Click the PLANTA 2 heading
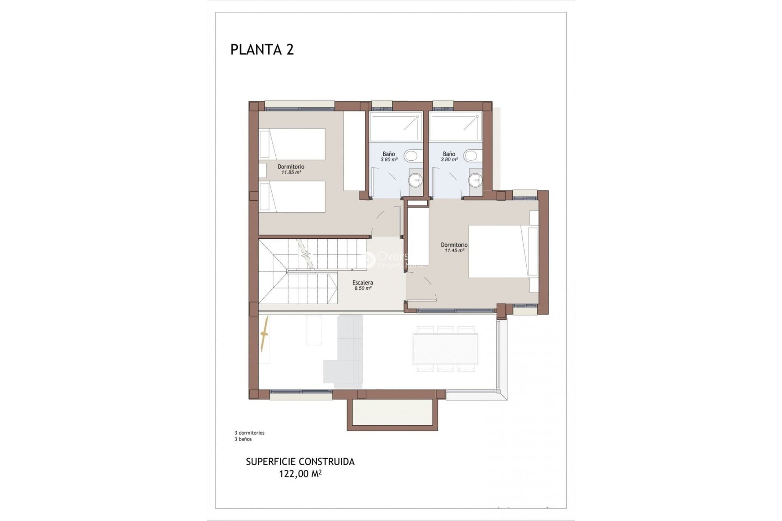pyautogui.click(x=262, y=50)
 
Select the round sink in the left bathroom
pyautogui.click(x=415, y=179)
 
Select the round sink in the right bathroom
pyautogui.click(x=475, y=179)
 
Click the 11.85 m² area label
pyautogui.click(x=291, y=172)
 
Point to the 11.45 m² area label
pyautogui.click(x=454, y=250)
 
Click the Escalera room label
pyautogui.click(x=362, y=282)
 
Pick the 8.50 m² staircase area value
pyautogui.click(x=362, y=288)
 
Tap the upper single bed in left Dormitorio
pyautogui.click(x=292, y=144)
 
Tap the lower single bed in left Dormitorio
pyautogui.click(x=292, y=197)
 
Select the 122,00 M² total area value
pyautogui.click(x=300, y=473)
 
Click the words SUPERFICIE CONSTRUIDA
pyautogui.click(x=300, y=462)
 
